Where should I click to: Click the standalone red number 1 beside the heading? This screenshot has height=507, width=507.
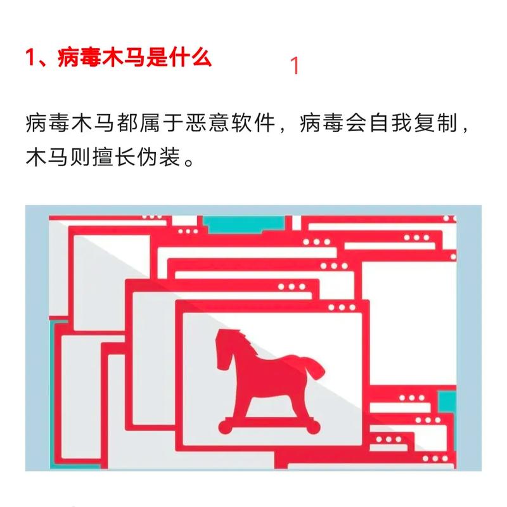coord(294,66)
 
